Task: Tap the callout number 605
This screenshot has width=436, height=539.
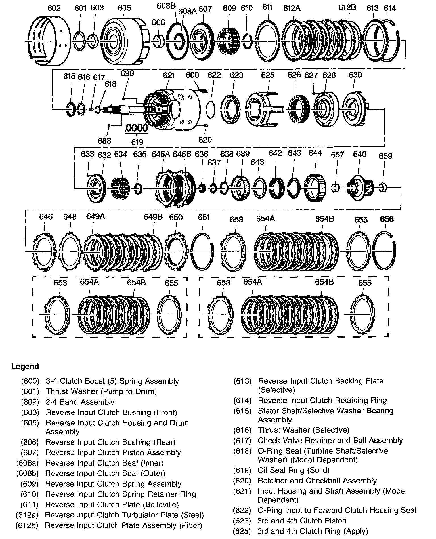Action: point(124,8)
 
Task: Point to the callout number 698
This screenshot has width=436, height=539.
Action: point(127,73)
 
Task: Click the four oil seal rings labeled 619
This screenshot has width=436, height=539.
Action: point(137,128)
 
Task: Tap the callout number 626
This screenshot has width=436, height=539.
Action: point(294,75)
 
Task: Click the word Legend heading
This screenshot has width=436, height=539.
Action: point(25,367)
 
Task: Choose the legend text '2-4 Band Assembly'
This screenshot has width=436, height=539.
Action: point(80,402)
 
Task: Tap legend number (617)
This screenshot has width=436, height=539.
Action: point(242,441)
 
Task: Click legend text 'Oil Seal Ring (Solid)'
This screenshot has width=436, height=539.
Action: point(294,470)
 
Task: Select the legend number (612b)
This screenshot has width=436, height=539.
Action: point(27,525)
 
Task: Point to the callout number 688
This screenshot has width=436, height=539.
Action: point(104,141)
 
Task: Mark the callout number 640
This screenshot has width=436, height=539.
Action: point(359,154)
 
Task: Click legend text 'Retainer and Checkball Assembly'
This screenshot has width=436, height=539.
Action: point(317,481)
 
